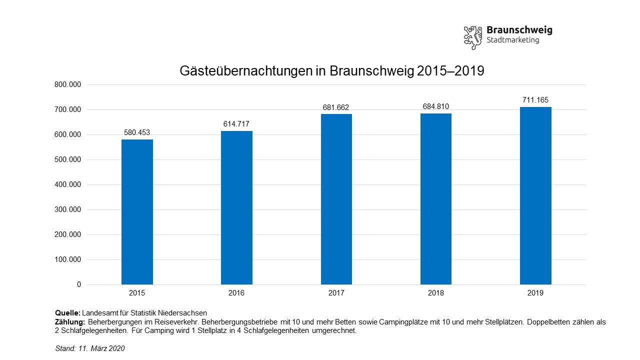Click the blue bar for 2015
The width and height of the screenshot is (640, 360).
click(x=137, y=212)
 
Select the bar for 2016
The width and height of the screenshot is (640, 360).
click(x=236, y=207)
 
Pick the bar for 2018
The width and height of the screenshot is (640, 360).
click(x=435, y=198)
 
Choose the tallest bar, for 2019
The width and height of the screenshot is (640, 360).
click(x=535, y=195)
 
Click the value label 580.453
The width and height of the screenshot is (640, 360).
click(x=137, y=132)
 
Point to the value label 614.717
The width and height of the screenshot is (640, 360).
click(x=236, y=124)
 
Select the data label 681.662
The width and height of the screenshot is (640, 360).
click(x=336, y=107)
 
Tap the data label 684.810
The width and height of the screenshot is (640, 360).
click(x=435, y=106)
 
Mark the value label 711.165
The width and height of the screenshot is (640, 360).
click(x=535, y=100)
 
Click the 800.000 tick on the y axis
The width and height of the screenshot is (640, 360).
click(x=67, y=84)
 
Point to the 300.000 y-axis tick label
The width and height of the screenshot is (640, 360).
click(x=67, y=209)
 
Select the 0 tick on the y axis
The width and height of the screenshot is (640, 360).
click(x=78, y=284)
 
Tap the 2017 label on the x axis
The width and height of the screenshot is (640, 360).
click(x=336, y=293)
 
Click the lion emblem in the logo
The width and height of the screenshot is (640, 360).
click(x=472, y=37)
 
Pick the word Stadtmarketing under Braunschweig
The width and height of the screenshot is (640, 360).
click(x=512, y=40)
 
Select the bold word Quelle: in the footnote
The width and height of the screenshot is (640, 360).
click(x=67, y=313)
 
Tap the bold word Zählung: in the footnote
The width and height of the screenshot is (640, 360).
click(x=70, y=322)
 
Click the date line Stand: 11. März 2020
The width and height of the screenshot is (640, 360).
click(x=90, y=348)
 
